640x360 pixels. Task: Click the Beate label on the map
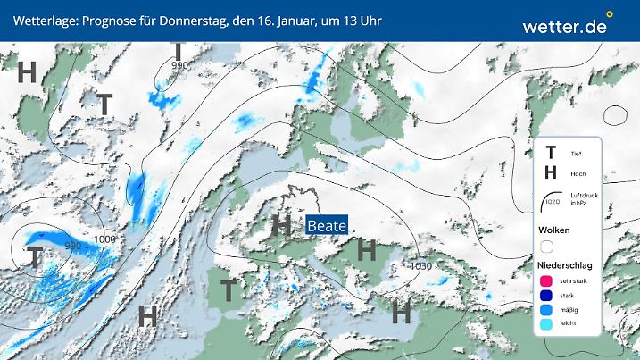tap(326, 227)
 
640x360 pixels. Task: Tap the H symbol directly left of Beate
tap(281, 225)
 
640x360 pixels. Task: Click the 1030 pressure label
tap(425, 265)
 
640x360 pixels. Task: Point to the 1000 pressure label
tap(104, 239)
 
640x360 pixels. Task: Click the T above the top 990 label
tap(179, 50)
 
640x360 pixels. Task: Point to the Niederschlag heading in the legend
tap(567, 266)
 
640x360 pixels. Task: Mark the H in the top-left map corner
tap(27, 72)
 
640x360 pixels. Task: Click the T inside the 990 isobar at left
tap(35, 258)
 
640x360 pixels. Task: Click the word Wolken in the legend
tap(555, 230)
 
